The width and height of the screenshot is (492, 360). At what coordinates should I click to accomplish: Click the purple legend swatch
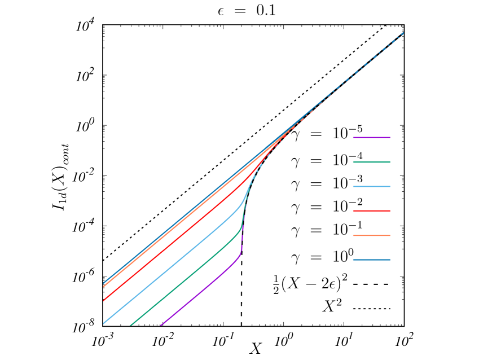coord(371,137)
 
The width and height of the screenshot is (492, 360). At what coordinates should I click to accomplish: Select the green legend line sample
coord(371,162)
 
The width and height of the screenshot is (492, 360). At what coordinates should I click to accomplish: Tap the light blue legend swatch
coord(371,186)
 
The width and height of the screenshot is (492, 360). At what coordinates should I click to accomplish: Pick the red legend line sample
coord(371,210)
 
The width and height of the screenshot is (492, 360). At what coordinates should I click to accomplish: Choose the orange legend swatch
coord(371,235)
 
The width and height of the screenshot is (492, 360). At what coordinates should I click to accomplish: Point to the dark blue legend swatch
coord(371,260)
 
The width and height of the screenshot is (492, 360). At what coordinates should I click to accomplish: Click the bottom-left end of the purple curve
coord(161,326)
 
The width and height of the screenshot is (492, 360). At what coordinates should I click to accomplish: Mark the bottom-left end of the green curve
coord(131,326)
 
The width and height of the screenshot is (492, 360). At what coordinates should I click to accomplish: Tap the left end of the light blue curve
coord(103,324)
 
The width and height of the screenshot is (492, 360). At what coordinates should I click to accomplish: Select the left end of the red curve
coord(103,300)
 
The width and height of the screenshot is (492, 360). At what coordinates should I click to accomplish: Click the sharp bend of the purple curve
coord(240,254)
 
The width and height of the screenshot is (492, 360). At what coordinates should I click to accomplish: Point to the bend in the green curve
coord(241,229)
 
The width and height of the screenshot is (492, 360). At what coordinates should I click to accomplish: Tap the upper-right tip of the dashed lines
coord(404,32)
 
